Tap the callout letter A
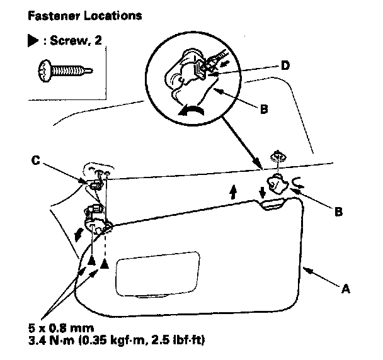[345, 290]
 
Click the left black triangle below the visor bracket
[91, 260]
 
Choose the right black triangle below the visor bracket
[105, 264]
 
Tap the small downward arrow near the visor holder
[263, 191]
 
